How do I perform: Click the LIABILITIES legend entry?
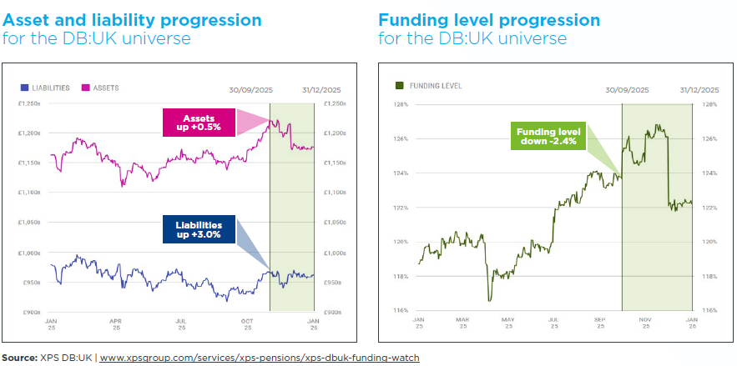tap(47, 88)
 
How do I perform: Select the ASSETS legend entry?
tap(100, 88)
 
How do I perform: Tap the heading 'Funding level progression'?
tap(489, 20)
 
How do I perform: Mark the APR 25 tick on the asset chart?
tap(116, 323)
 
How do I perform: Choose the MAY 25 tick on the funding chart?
tap(507, 321)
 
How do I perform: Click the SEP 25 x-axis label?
tap(600, 321)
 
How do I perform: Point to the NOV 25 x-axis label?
tap(646, 321)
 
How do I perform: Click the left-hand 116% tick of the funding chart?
tap(401, 310)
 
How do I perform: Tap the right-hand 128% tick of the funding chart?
tap(710, 105)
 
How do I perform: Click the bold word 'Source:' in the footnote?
tap(19, 358)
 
